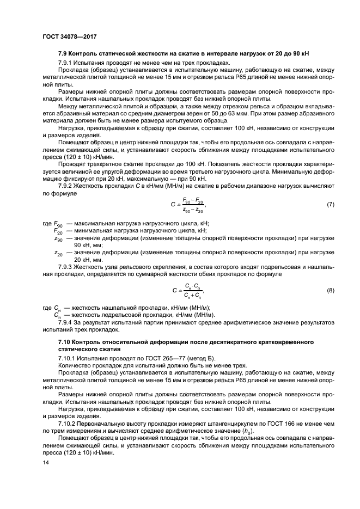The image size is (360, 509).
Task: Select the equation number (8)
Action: coord(330,291)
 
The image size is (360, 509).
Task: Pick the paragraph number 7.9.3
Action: coord(66,267)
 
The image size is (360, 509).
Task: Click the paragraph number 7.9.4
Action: coord(66,322)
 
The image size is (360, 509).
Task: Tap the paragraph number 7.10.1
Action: coord(68,357)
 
